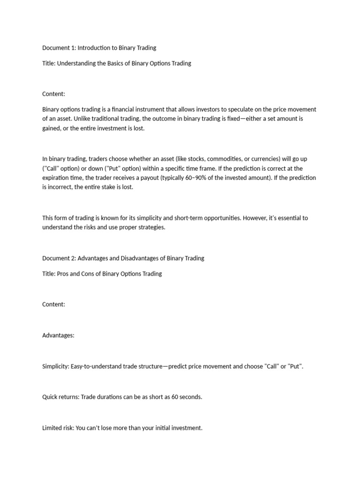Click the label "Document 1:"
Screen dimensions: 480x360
pos(59,48)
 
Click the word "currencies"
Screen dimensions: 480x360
pos(265,159)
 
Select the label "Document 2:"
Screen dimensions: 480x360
pos(59,258)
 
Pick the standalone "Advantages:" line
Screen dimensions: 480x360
pos(59,335)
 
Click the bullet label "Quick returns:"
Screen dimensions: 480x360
pos(61,397)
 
